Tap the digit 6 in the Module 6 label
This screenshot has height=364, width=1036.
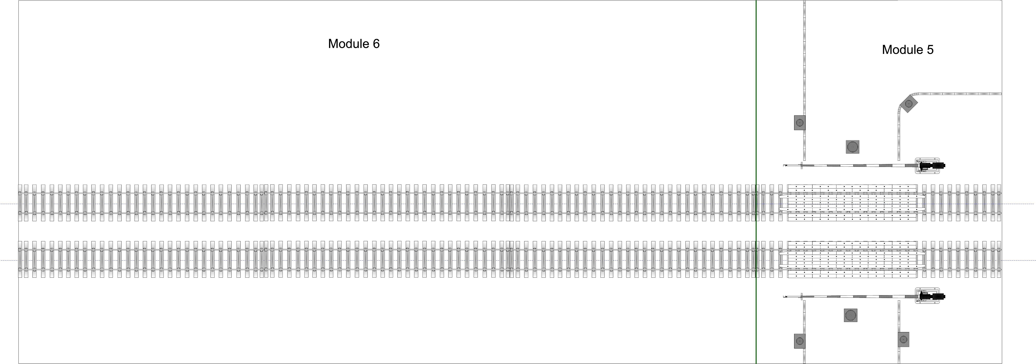click(x=376, y=44)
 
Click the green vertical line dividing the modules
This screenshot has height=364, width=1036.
click(x=756, y=182)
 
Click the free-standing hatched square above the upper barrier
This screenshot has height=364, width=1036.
click(x=852, y=147)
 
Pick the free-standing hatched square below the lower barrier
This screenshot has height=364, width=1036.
click(x=851, y=315)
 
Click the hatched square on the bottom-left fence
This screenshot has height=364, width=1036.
click(x=799, y=341)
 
